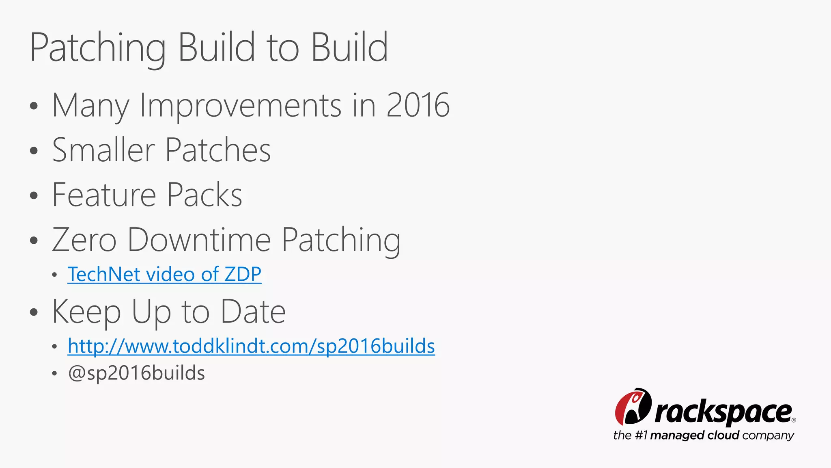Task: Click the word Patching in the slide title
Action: [97, 48]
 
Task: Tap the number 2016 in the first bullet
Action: [418, 105]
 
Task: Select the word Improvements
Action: [240, 105]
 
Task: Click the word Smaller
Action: [103, 150]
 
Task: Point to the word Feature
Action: [104, 195]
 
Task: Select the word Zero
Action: [84, 240]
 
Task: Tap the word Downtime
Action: [199, 240]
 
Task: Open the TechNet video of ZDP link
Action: [164, 274]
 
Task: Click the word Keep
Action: [86, 312]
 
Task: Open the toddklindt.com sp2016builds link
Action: [251, 346]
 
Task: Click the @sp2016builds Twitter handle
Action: [136, 373]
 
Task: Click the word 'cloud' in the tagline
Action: [723, 435]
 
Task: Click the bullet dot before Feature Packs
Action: [34, 195]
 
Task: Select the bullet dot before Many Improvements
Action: [34, 106]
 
